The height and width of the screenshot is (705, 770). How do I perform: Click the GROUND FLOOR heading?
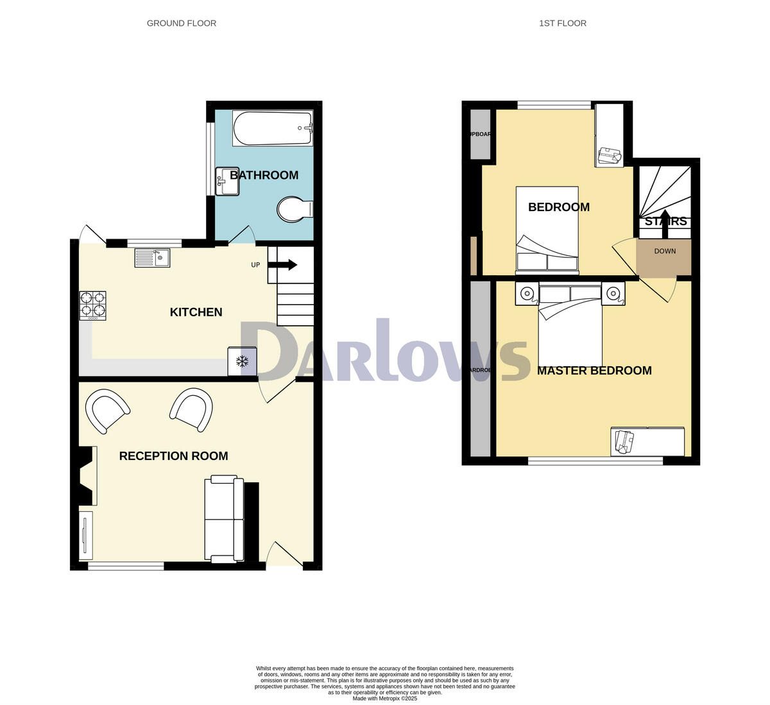(x=182, y=23)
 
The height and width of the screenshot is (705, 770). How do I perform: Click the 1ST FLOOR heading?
(x=562, y=23)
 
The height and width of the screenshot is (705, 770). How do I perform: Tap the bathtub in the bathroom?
(x=273, y=128)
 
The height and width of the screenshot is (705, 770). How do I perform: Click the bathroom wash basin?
(x=227, y=181)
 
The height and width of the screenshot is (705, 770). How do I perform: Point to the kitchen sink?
(x=152, y=258)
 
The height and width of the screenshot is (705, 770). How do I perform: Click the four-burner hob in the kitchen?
(x=92, y=305)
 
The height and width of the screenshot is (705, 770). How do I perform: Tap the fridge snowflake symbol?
(x=243, y=361)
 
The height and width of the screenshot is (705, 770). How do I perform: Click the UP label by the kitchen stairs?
(x=255, y=265)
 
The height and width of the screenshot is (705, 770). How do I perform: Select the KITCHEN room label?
(x=196, y=312)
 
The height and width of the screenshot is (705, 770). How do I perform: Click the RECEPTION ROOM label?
(x=173, y=456)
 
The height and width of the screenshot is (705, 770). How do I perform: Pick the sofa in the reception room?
(x=224, y=520)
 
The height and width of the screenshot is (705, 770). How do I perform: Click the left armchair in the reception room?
(x=107, y=411)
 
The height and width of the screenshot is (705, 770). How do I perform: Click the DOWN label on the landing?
(x=665, y=251)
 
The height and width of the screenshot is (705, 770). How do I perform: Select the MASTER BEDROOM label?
(x=594, y=371)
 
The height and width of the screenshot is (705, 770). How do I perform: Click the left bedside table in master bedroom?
(x=527, y=294)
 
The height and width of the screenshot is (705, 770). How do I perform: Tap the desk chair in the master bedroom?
(x=623, y=441)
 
